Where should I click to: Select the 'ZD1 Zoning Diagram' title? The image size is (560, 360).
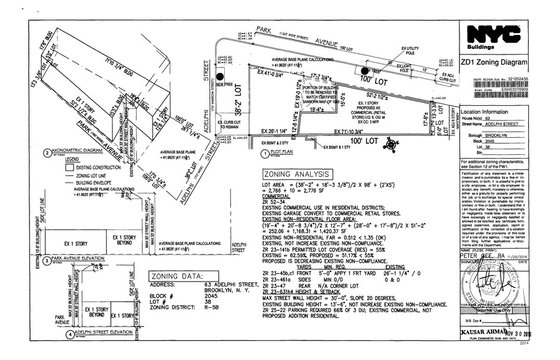coord(494,62)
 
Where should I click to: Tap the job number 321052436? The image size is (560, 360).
coord(513,80)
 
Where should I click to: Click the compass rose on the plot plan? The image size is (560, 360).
coord(390,144)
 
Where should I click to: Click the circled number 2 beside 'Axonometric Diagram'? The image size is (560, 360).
coord(47,152)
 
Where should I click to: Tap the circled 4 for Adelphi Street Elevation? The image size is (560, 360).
coord(70,335)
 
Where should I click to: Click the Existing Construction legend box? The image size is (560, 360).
coord(70,167)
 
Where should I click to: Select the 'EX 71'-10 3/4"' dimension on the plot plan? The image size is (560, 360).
coord(354,131)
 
